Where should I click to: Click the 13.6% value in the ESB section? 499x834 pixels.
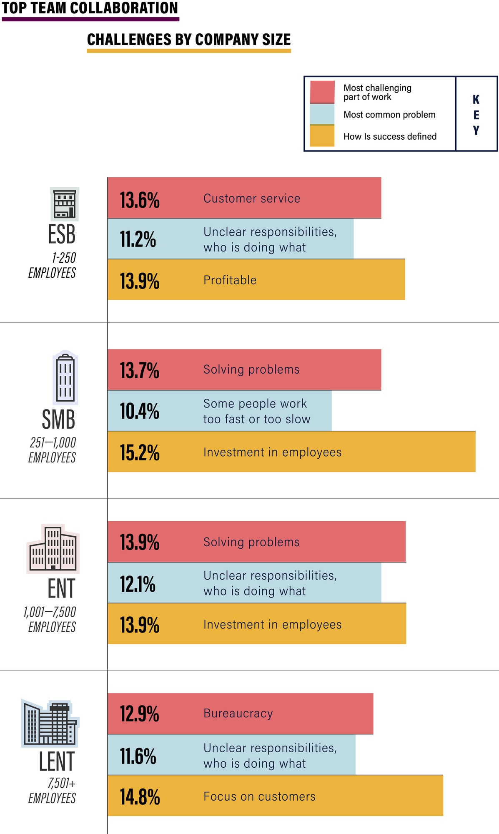pyautogui.click(x=140, y=200)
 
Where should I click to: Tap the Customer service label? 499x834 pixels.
pyautogui.click(x=252, y=198)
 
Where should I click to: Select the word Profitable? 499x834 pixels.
pyautogui.click(x=230, y=280)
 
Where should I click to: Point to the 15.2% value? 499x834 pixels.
pyautogui.click(x=140, y=452)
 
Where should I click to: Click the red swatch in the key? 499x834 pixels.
pyautogui.click(x=322, y=92)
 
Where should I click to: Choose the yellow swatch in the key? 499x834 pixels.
pyautogui.click(x=322, y=136)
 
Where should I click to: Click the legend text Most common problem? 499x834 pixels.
pyautogui.click(x=389, y=115)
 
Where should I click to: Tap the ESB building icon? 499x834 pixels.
pyautogui.click(x=65, y=204)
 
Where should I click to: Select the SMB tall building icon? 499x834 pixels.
pyautogui.click(x=65, y=377)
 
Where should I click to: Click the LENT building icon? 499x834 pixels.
pyautogui.click(x=50, y=723)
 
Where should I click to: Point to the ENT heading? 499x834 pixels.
pyautogui.click(x=61, y=588)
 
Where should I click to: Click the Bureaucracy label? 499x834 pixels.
pyautogui.click(x=238, y=713)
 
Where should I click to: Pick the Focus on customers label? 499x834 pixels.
pyautogui.click(x=259, y=796)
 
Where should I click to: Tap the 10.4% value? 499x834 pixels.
pyautogui.click(x=140, y=411)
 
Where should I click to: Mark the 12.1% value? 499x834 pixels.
pyautogui.click(x=138, y=584)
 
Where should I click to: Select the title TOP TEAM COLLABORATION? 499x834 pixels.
pyautogui.click(x=90, y=8)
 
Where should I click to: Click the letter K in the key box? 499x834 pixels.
pyautogui.click(x=476, y=99)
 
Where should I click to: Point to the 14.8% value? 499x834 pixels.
pyautogui.click(x=140, y=797)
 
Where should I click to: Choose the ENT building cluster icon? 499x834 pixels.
pyautogui.click(x=53, y=548)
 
